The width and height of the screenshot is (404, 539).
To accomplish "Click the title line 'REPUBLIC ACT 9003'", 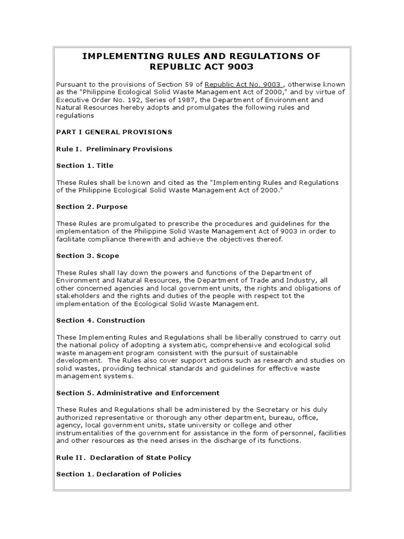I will (202, 67).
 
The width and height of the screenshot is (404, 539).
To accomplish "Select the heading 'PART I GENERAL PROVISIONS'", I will (114, 132).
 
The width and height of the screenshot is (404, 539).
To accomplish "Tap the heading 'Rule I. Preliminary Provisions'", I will (114, 149).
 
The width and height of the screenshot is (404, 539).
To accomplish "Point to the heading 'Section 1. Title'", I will (85, 165).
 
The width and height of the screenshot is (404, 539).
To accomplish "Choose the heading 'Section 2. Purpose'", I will (92, 207).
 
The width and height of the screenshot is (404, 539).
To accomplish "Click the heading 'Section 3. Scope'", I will (88, 256).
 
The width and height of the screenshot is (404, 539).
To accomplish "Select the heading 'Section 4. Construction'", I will (100, 320).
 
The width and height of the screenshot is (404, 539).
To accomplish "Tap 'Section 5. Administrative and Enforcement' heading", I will (138, 393).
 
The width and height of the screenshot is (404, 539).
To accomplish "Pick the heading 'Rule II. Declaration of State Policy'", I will (124, 457).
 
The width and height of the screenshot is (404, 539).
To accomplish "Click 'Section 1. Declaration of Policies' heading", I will (119, 474).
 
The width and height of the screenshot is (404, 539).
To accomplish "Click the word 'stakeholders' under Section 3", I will (77, 296).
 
